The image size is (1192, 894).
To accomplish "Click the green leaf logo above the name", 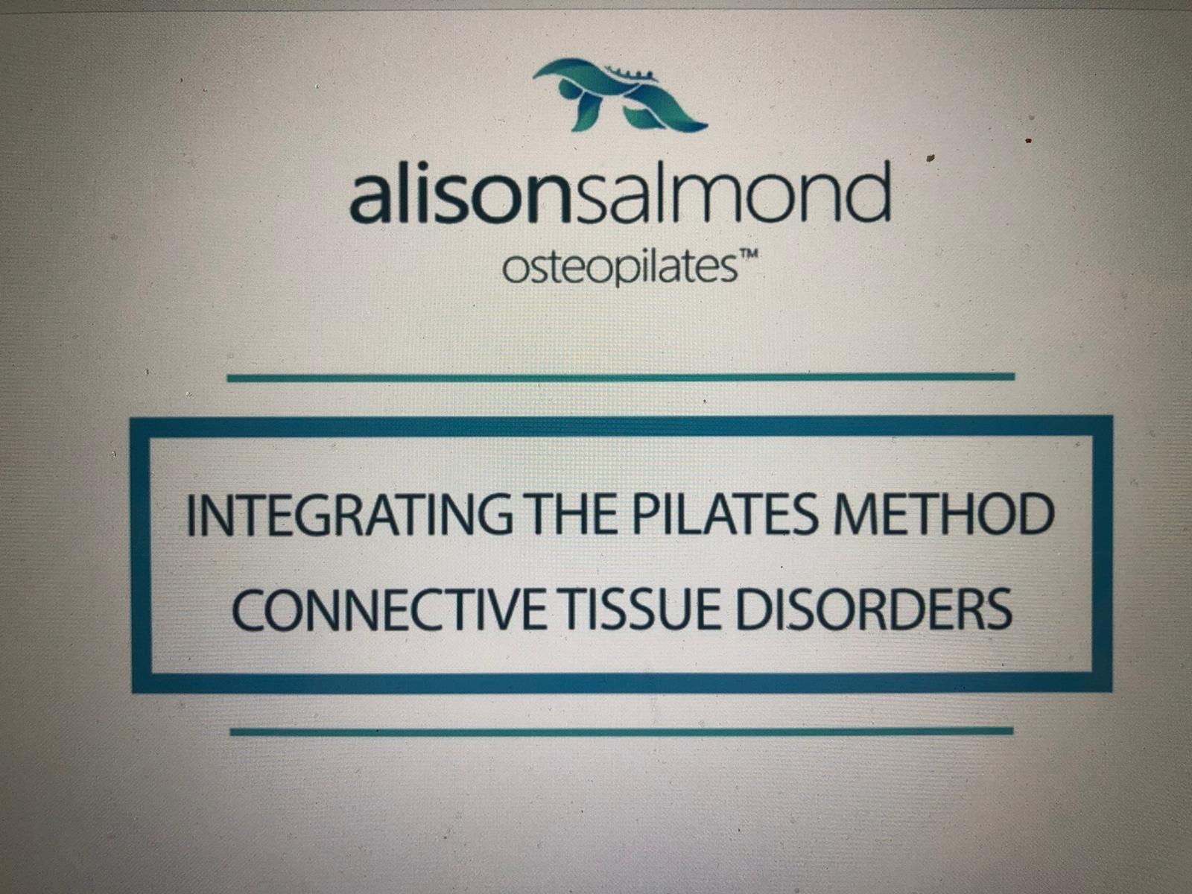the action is (x=619, y=95).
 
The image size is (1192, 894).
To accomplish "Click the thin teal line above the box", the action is (x=621, y=377).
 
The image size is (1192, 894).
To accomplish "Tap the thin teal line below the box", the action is (x=622, y=732).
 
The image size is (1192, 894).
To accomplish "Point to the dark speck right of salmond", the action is (x=931, y=158).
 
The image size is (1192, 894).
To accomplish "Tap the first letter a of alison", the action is (x=370, y=201).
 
